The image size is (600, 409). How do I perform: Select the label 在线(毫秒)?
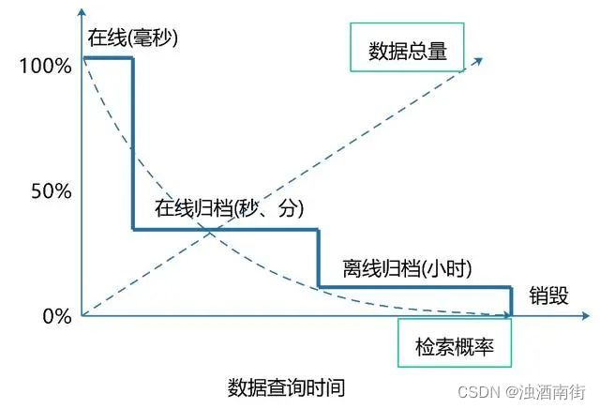[x=133, y=38]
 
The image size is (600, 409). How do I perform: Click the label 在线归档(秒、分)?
[x=230, y=208]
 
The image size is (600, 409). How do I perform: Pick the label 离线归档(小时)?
[x=407, y=268]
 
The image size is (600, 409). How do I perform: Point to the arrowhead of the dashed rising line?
[x=479, y=61]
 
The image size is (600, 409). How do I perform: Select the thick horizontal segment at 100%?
[x=108, y=58]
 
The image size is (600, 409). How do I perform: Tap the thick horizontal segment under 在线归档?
[x=225, y=230]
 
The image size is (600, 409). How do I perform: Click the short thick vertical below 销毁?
[x=512, y=301]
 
